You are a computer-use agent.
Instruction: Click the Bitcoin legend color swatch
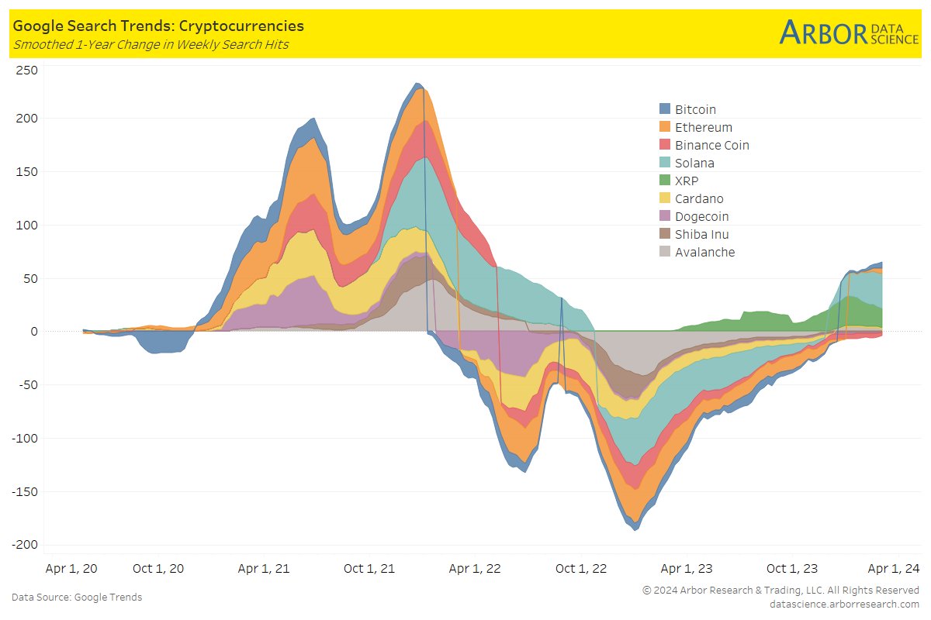(665, 109)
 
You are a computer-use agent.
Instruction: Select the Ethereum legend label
(703, 127)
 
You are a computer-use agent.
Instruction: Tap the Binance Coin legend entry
(711, 145)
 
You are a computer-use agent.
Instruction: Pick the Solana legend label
(694, 163)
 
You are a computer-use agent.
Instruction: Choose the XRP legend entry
(687, 181)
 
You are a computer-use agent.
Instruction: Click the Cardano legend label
(699, 198)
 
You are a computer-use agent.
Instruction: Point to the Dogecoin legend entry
(701, 216)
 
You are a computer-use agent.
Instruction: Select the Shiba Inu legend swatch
(665, 234)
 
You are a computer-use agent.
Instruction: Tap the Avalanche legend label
(704, 252)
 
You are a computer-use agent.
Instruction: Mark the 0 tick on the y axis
(32, 332)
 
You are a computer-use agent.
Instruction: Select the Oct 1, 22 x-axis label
(580, 568)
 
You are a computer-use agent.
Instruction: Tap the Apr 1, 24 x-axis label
(893, 568)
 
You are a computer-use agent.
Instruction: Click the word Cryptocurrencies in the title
(241, 26)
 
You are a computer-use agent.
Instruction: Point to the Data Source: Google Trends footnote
(77, 597)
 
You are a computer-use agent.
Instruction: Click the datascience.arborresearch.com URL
(844, 603)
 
